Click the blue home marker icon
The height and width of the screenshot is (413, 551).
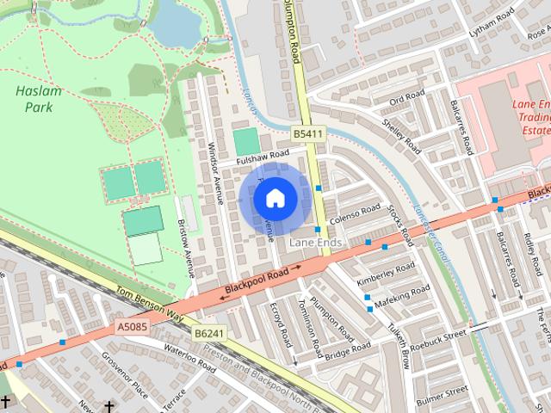(x=274, y=199)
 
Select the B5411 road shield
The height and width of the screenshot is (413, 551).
(x=307, y=134)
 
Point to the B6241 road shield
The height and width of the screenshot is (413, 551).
(x=208, y=333)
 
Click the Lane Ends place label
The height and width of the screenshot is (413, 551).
(x=316, y=243)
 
